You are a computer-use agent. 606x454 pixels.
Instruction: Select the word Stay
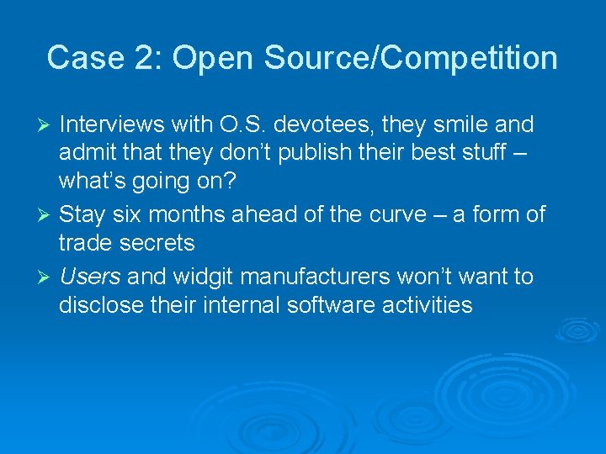click(x=82, y=214)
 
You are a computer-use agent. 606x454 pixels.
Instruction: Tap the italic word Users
click(x=90, y=276)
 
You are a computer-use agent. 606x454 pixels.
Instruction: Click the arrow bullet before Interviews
click(x=48, y=126)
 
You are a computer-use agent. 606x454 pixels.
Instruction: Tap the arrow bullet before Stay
click(x=48, y=215)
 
